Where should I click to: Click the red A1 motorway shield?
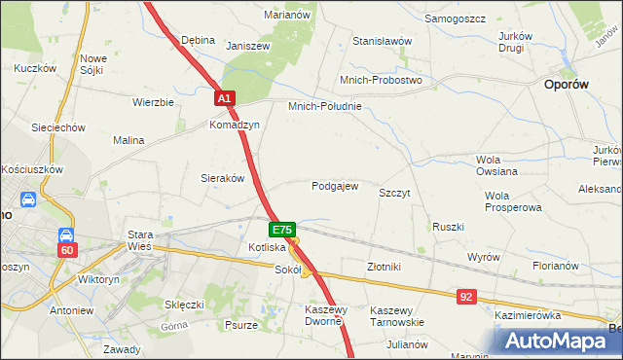pyautogui.click(x=224, y=98)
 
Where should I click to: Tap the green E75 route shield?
pyautogui.click(x=281, y=230)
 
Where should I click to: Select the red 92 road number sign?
pyautogui.click(x=466, y=294)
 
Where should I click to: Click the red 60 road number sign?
pyautogui.click(x=66, y=250)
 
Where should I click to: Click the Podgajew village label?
pyautogui.click(x=335, y=186)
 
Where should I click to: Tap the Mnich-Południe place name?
pyautogui.click(x=324, y=106)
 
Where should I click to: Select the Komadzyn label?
pyautogui.click(x=234, y=126)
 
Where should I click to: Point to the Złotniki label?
pyautogui.click(x=384, y=266)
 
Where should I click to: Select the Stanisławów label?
pyautogui.click(x=383, y=41)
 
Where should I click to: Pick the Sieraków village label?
pyautogui.click(x=222, y=178)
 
